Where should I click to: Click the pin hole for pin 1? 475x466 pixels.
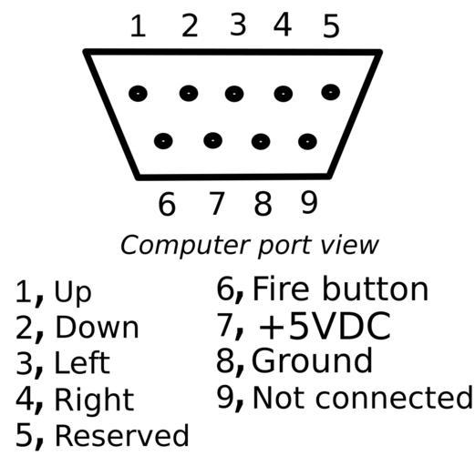[138, 93]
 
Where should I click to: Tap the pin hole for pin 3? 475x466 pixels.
[234, 93]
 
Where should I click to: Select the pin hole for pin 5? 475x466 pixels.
[331, 92]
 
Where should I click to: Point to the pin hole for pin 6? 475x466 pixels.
[163, 141]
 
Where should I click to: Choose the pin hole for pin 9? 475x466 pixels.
[307, 141]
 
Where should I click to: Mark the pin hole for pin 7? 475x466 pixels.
[212, 140]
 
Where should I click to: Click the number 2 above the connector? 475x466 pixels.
[190, 26]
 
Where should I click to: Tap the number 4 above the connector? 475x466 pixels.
[283, 25]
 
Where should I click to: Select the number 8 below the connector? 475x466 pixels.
[263, 204]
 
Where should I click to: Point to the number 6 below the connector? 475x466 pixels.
[167, 204]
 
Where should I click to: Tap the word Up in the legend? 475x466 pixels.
[72, 292]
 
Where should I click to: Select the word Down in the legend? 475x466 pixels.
[97, 328]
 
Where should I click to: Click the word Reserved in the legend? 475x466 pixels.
[122, 435]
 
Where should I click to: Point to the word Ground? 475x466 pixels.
[312, 360]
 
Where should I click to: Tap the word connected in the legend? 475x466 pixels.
[394, 398]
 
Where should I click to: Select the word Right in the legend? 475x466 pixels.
[94, 400]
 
